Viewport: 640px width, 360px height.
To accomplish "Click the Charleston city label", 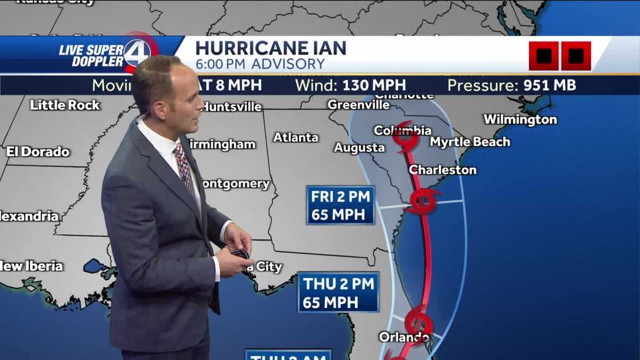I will tap(442, 170).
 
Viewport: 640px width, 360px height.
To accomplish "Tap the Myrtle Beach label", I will tap(470, 142).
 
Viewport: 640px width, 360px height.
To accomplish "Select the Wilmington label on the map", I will tap(520, 119).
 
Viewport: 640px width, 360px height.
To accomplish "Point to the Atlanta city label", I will tap(295, 138).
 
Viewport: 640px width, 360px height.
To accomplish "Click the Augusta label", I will tap(359, 148).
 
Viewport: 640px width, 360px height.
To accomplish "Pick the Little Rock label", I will tap(65, 105).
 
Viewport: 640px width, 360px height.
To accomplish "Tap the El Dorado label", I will tap(38, 152).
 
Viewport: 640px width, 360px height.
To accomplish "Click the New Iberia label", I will tap(32, 266).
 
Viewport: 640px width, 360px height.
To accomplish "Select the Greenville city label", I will tap(358, 105).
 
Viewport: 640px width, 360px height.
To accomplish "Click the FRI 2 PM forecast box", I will tap(340, 205).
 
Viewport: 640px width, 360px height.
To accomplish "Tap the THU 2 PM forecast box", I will tap(338, 292).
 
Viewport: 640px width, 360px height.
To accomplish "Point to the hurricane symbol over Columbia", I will tap(405, 137).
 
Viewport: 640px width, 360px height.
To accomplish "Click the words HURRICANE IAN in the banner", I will tap(270, 48).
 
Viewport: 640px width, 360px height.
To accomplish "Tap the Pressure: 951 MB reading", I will tap(511, 85).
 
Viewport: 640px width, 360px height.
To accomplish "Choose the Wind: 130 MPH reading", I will tap(350, 85).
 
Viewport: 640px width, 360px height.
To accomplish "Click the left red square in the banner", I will tap(543, 56).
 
